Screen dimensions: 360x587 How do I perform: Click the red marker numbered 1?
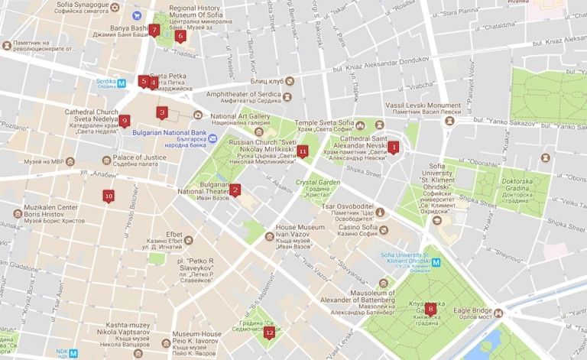(x=394, y=147)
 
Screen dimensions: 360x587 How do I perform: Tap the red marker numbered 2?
(x=235, y=190)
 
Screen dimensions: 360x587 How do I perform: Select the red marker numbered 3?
(x=162, y=112)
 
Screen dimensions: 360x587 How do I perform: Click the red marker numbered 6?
(x=180, y=35)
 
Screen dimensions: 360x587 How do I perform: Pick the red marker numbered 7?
(x=154, y=31)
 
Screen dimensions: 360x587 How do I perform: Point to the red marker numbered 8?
(x=431, y=309)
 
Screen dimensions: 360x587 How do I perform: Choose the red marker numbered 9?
(x=125, y=120)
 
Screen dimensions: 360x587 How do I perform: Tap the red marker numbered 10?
(x=109, y=196)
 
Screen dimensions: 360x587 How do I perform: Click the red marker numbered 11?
(x=303, y=151)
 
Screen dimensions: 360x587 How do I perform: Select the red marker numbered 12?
(x=269, y=332)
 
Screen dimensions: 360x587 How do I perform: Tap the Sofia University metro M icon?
(x=436, y=262)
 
